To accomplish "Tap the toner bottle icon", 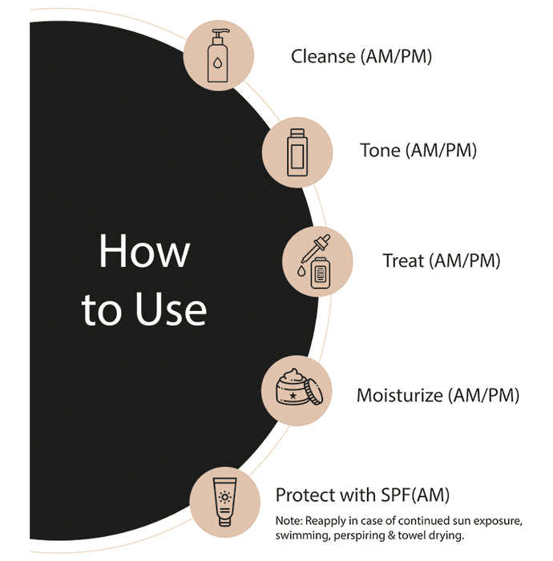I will pos(298,151).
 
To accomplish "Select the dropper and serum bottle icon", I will pos(317,261).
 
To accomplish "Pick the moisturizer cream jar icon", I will pos(297,389).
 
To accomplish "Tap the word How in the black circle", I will pos(144,252).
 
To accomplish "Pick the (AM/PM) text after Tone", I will pos(442,151).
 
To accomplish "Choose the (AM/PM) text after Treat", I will pos(466,260).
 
